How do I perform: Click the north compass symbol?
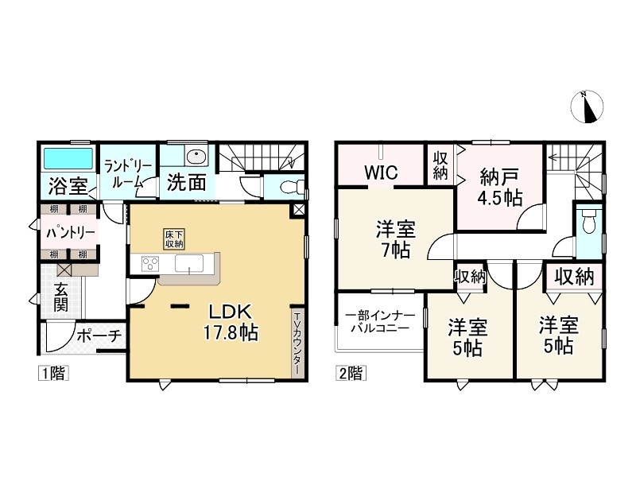(x=589, y=107)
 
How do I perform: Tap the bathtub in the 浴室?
(x=68, y=157)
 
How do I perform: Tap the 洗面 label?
(x=187, y=183)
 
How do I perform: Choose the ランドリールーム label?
(x=127, y=173)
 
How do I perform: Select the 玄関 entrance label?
(x=61, y=297)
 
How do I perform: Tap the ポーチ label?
(x=99, y=336)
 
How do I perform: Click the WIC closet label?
(x=382, y=172)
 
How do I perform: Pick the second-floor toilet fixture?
(x=588, y=223)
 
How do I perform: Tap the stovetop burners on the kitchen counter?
(x=151, y=264)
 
